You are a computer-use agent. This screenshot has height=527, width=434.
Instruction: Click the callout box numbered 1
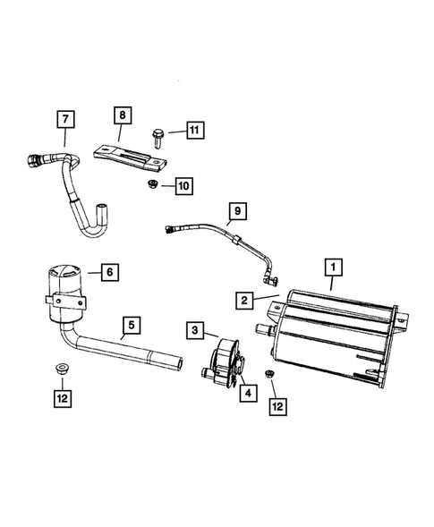(332, 267)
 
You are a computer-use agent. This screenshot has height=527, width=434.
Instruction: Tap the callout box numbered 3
(196, 331)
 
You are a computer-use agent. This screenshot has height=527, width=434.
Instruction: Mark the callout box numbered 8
(123, 115)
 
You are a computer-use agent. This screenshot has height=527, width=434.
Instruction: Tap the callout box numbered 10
(183, 186)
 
